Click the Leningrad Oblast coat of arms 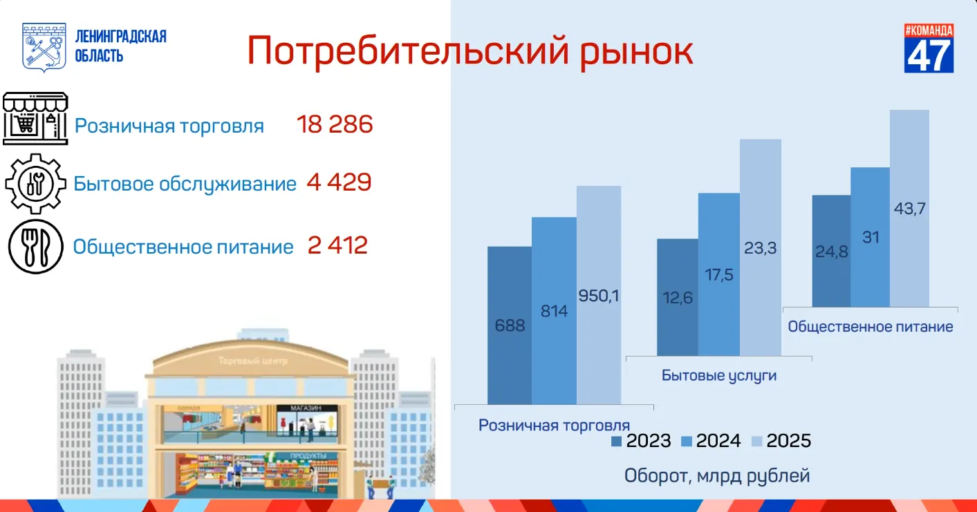(x=44, y=47)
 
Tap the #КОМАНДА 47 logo (x=929, y=48)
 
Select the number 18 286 (x=335, y=124)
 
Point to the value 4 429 (x=339, y=182)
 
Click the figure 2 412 (x=337, y=245)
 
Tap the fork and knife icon (x=36, y=247)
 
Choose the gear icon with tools (x=36, y=183)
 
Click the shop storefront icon (x=35, y=118)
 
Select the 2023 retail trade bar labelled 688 (x=510, y=325)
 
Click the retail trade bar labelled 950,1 (x=598, y=295)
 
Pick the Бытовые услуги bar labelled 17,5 (x=719, y=274)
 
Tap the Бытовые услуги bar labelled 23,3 (x=760, y=247)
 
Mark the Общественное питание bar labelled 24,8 (x=831, y=251)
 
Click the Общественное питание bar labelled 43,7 (x=909, y=208)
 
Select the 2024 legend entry (x=711, y=441)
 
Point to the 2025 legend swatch (x=756, y=442)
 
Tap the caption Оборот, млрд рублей (x=717, y=476)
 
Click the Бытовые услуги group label (x=719, y=375)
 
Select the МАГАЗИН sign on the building (x=306, y=408)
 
